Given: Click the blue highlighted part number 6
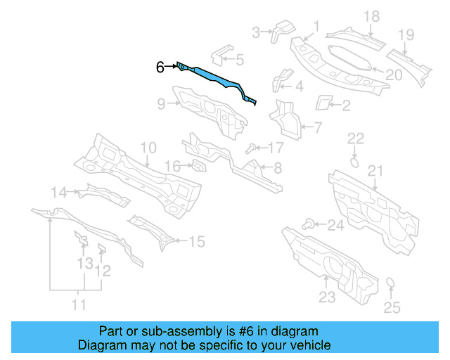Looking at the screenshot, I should [214, 78].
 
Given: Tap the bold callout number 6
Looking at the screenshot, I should [160, 67].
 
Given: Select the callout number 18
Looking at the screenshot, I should [371, 16].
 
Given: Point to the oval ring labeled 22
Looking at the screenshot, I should [355, 162].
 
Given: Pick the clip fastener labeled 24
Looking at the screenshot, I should [308, 224].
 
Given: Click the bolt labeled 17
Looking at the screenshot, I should [251, 148].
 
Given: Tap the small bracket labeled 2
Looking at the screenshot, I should [324, 102].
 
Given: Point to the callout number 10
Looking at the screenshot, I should [148, 148].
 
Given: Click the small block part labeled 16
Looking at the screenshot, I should [199, 166].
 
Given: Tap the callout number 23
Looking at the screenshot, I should [327, 297].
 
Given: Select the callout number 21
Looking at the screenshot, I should [375, 170].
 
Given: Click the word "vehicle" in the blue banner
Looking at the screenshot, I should [310, 345].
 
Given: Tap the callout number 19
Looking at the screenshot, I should [406, 35].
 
